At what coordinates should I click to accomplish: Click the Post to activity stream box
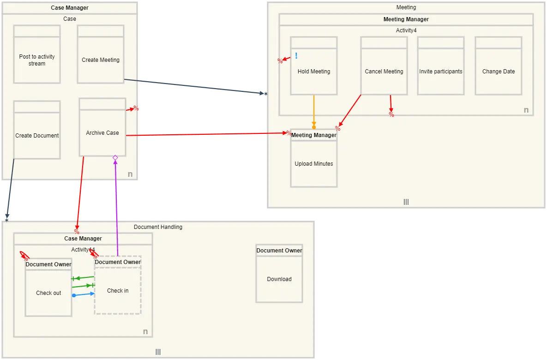(x=37, y=60)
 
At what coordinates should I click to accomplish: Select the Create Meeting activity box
(x=101, y=60)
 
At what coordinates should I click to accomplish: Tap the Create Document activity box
(x=37, y=135)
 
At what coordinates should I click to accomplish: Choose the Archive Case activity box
(x=102, y=132)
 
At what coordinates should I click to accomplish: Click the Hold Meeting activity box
(x=314, y=72)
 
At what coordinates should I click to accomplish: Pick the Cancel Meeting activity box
(x=384, y=72)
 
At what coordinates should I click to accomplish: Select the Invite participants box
(x=441, y=72)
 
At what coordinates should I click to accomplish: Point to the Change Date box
(x=499, y=72)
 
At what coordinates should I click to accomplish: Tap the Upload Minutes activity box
(x=314, y=164)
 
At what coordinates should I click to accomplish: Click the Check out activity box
(x=48, y=293)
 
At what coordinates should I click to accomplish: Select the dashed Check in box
(x=118, y=291)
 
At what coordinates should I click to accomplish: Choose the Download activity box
(x=279, y=279)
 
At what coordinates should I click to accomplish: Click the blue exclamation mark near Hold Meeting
(x=296, y=56)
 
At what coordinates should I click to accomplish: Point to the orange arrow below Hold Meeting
(x=314, y=111)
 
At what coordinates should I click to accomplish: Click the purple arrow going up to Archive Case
(x=116, y=208)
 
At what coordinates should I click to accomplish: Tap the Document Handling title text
(x=158, y=227)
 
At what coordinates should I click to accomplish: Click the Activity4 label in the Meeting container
(x=406, y=30)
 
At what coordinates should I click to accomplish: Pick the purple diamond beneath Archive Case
(x=115, y=158)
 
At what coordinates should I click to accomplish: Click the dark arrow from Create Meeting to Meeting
(x=194, y=86)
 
